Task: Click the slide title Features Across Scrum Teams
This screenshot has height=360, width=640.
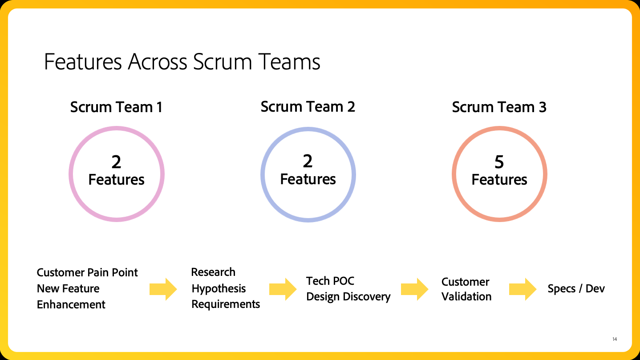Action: tap(182, 62)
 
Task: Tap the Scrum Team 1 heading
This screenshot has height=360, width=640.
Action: tap(116, 107)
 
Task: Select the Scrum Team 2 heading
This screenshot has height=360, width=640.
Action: tap(308, 107)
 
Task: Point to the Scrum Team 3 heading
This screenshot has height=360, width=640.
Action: tap(499, 107)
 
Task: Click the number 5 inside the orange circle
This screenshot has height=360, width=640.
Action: tap(499, 162)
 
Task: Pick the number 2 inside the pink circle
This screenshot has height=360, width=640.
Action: tap(116, 162)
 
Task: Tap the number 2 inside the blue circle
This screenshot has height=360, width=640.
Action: tap(308, 161)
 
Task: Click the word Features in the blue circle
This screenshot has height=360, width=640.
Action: tap(308, 179)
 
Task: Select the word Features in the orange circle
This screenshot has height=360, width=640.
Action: tap(499, 180)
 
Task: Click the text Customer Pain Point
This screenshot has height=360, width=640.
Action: tap(87, 273)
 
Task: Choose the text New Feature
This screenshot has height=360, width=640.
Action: tap(68, 288)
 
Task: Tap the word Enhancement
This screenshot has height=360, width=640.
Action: tap(71, 304)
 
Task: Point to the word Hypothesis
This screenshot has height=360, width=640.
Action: tap(219, 288)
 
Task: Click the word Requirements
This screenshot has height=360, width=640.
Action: tap(226, 304)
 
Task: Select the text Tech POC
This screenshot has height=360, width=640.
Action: tap(330, 281)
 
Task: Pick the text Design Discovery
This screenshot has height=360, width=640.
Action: tap(348, 296)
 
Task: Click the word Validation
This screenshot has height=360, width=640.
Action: tap(466, 296)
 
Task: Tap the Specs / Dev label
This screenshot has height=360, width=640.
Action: tap(576, 288)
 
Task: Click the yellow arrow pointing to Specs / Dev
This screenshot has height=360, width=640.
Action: tap(523, 289)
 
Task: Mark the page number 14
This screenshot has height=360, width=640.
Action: tap(615, 339)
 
